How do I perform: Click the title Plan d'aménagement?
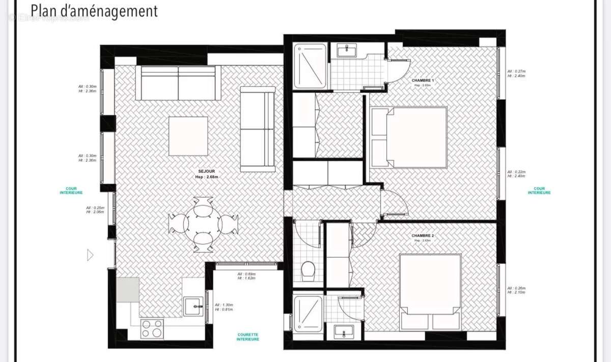94,11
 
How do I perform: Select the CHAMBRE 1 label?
423,81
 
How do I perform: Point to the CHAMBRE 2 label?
423,236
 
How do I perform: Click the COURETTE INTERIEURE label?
248,337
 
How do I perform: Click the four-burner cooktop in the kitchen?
152,328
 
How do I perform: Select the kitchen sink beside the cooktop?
193,307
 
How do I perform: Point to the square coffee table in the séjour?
188,136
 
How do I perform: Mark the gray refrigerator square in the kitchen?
127,290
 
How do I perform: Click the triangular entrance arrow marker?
91,255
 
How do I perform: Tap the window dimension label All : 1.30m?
224,307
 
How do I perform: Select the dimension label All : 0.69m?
246,276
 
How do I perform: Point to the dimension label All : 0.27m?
516,73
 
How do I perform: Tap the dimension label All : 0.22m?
516,174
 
